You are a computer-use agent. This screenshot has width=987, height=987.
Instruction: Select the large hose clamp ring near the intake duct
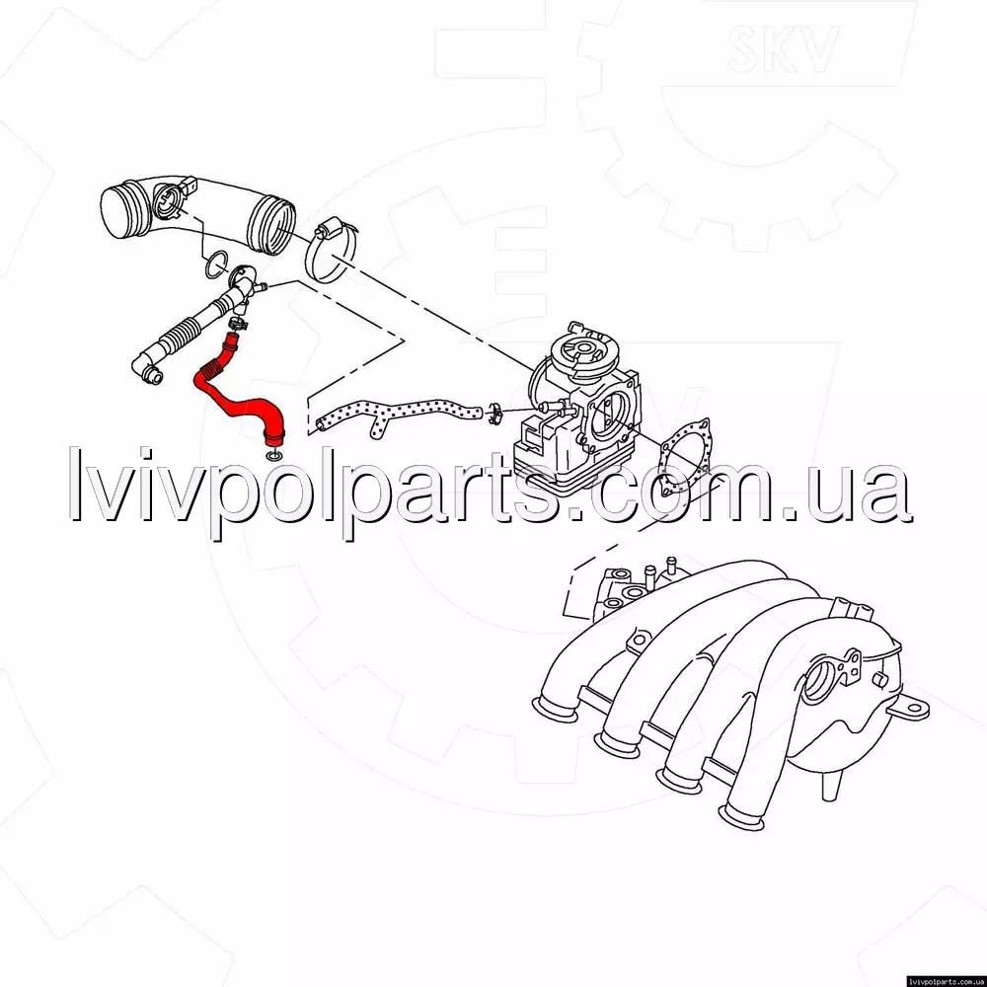pos(330,251)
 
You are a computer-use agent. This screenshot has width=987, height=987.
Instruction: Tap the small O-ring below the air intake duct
pos(216,264)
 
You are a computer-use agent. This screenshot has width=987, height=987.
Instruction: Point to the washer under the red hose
pos(274,455)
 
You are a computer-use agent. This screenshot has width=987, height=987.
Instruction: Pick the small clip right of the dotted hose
pos(495,413)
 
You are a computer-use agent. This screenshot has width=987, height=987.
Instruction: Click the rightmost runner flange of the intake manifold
pos(742,817)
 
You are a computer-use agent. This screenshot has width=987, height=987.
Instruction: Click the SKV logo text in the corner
pos(783,49)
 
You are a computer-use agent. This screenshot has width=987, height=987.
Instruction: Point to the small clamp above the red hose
pos(237,324)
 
